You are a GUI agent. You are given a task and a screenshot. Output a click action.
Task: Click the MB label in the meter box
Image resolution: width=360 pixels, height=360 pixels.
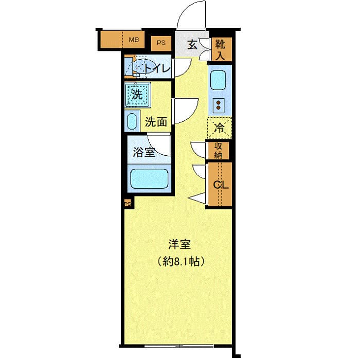pyautogui.click(x=134, y=40)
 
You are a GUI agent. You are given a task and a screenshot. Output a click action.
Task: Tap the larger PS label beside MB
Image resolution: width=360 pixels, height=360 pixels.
pyautogui.click(x=161, y=43)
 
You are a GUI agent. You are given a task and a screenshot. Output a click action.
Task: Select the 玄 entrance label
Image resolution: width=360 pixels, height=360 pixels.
pyautogui.click(x=192, y=45)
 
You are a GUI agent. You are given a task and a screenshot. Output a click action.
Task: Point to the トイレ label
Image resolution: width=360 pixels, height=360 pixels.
pyautogui.click(x=157, y=68)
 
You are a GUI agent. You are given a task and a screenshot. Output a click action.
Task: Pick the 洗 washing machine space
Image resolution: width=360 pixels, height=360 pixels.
pyautogui.click(x=137, y=95)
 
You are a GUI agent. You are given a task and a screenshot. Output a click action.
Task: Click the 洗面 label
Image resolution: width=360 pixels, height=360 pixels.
pyautogui.click(x=155, y=122)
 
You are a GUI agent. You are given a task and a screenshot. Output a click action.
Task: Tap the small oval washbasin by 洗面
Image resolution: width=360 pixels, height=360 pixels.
pyautogui.click(x=132, y=122)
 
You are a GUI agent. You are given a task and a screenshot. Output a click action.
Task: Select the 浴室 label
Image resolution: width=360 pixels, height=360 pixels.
pyautogui.click(x=143, y=152)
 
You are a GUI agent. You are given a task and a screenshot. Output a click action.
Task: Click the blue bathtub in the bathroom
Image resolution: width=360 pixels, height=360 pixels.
pyautogui.click(x=150, y=179)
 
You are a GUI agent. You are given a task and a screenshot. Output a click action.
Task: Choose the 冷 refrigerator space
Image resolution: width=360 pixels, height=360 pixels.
pyautogui.click(x=220, y=128)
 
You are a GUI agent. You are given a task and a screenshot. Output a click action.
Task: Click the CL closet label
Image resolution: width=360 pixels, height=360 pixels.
pyautogui.click(x=220, y=184)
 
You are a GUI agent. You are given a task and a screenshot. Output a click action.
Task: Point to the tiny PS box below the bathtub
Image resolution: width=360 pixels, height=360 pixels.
pyautogui.click(x=128, y=204)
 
